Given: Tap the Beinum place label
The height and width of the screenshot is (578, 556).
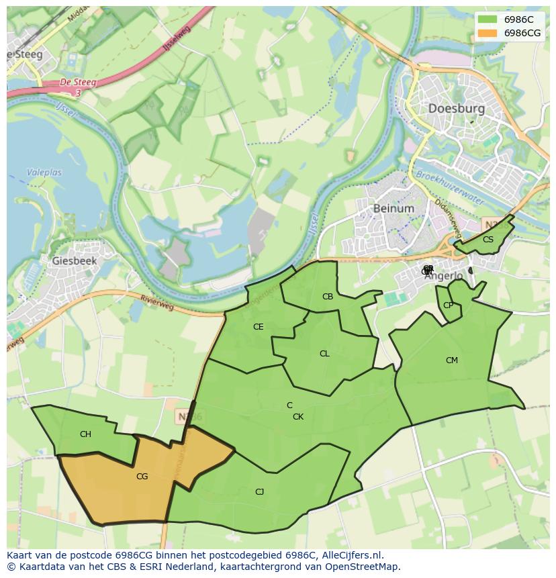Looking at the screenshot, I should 393,208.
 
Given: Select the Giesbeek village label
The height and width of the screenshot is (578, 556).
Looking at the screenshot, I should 74,260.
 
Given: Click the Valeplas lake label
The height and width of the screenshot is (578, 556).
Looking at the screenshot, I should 44,173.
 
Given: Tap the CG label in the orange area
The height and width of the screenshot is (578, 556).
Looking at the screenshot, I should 142,477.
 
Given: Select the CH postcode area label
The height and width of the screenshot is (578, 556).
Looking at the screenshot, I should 85,434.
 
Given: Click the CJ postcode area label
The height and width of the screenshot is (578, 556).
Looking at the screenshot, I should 259,492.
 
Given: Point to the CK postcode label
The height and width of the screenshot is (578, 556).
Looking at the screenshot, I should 298,417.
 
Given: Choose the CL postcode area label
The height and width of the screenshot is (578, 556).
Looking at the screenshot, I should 324,354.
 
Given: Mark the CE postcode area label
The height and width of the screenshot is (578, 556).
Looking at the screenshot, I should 258,327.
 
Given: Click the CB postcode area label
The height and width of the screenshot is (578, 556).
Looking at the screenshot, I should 328,297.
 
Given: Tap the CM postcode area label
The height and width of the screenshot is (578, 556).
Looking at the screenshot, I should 452,360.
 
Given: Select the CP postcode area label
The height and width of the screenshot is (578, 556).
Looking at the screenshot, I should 448,305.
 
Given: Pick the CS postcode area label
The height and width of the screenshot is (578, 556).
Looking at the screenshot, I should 488,240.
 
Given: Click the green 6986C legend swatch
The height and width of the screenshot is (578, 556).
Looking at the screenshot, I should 488,19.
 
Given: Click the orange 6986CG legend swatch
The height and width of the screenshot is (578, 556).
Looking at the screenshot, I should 488,33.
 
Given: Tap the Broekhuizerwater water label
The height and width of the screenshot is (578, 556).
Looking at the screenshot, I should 449,184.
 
